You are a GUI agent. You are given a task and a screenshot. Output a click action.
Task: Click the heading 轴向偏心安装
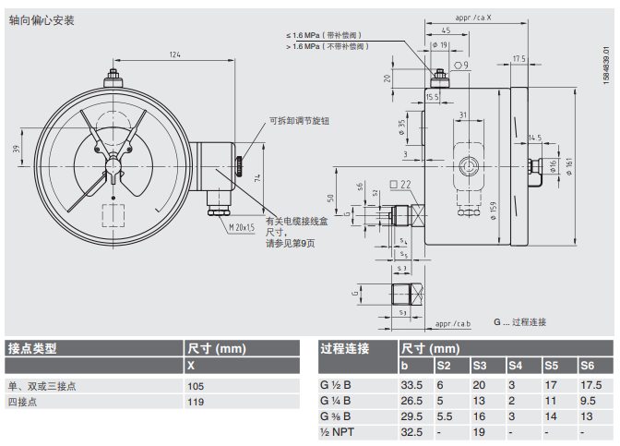[42, 18]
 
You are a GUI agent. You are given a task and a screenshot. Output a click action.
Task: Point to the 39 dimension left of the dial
[16, 149]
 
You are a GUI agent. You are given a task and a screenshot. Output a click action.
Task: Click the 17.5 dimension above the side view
[519, 58]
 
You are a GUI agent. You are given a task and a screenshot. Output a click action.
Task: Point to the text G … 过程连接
[519, 322]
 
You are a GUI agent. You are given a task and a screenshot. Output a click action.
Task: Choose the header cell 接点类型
[32, 348]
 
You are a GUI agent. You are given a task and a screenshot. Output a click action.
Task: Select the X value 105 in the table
[197, 386]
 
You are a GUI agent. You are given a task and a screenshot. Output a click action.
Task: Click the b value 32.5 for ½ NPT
[411, 432]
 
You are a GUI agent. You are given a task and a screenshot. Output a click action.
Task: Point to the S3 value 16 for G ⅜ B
[479, 416]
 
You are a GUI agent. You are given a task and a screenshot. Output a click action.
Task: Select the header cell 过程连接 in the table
[344, 348]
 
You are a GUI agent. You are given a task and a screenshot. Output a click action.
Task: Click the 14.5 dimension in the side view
[535, 138]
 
